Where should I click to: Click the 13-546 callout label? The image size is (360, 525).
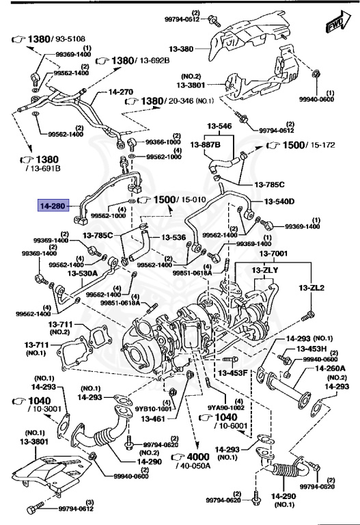click(220, 126)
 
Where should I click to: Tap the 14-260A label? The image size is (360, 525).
click(330, 368)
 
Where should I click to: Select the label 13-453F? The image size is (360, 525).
click(232, 373)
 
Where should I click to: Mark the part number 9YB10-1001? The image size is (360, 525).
click(150, 409)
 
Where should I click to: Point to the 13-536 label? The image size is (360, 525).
click(173, 238)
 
